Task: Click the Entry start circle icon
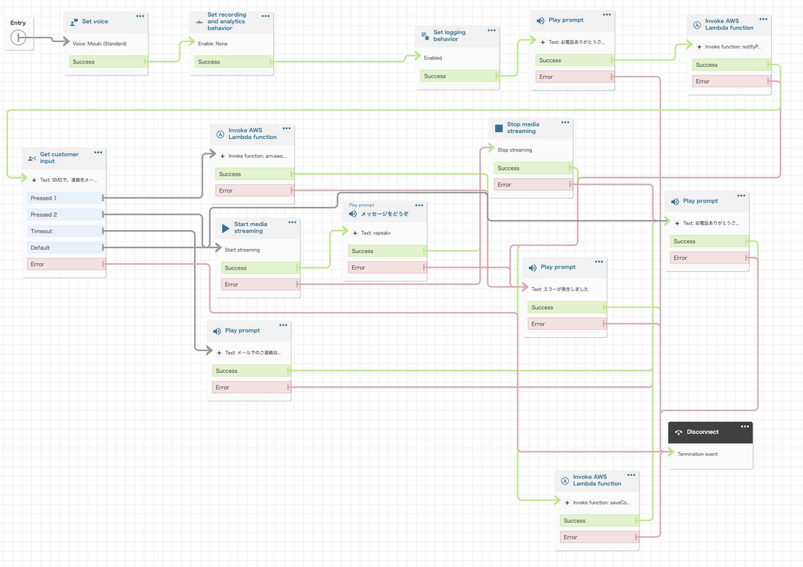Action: (18, 37)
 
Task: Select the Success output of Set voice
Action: (108, 62)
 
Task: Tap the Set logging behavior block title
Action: (449, 35)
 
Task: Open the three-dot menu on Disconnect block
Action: (745, 426)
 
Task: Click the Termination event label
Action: (697, 454)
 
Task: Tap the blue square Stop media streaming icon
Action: (499, 128)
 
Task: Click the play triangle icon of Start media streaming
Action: (226, 228)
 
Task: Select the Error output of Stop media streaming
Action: (533, 184)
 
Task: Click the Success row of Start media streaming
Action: (260, 268)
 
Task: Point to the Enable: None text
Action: (213, 44)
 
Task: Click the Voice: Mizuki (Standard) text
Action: (100, 44)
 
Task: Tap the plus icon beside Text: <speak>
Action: (355, 233)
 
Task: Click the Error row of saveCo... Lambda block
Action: (599, 537)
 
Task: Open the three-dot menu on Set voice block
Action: (140, 16)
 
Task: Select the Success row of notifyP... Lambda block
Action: (731, 65)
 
